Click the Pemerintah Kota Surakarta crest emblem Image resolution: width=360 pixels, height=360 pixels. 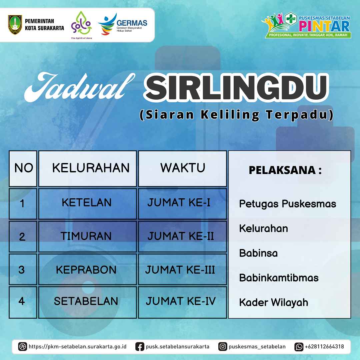tap(15, 25)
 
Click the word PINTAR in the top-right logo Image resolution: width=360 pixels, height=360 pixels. tap(324, 26)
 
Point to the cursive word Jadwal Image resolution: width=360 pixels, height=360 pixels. tap(79, 87)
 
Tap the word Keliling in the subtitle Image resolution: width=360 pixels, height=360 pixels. tap(230, 115)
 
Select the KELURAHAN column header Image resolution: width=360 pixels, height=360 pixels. tap(91, 168)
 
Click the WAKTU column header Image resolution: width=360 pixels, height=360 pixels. tap(183, 168)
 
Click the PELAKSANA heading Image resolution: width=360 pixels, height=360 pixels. tap(285, 170)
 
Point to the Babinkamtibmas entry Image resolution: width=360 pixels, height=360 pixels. tap(279, 278)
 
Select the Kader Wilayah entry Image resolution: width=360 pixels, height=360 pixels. tap(273, 302)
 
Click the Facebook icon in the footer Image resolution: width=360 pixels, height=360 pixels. tap(140, 346)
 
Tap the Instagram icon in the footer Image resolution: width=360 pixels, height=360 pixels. tap(222, 346)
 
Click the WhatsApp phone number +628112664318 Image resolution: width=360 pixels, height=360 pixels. tap(324, 346)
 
